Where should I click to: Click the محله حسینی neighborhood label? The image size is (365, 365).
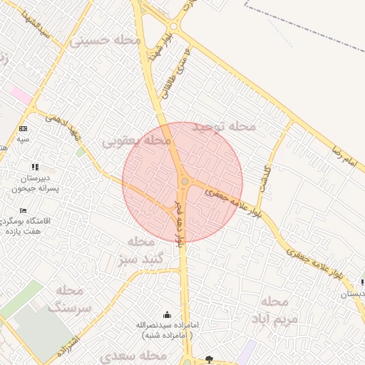(105, 41)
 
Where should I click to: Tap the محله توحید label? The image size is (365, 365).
(227, 126)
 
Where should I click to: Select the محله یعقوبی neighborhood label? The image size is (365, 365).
(138, 141)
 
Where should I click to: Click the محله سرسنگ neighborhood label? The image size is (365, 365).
(70, 299)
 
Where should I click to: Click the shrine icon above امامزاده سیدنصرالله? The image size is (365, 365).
(168, 314)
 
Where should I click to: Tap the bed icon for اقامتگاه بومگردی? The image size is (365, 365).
(24, 211)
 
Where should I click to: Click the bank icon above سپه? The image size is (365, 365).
(24, 128)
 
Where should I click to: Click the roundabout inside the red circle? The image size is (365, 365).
(185, 182)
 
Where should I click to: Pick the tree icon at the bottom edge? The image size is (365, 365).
(208, 359)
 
